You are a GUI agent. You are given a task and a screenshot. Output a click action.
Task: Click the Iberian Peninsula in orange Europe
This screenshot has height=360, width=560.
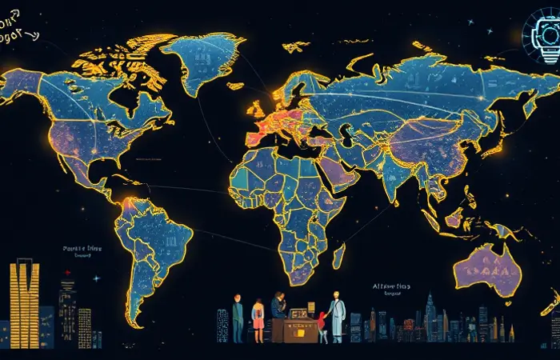[x=254, y=137]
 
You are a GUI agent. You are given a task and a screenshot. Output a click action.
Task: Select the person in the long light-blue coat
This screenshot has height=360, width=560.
[x=334, y=317]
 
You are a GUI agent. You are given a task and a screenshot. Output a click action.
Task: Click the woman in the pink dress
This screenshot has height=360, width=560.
[x=258, y=319]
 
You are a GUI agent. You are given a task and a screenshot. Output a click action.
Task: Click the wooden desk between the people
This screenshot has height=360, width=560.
[x=294, y=327]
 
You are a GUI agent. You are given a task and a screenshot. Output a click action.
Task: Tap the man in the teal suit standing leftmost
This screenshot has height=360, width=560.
[x=238, y=318]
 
